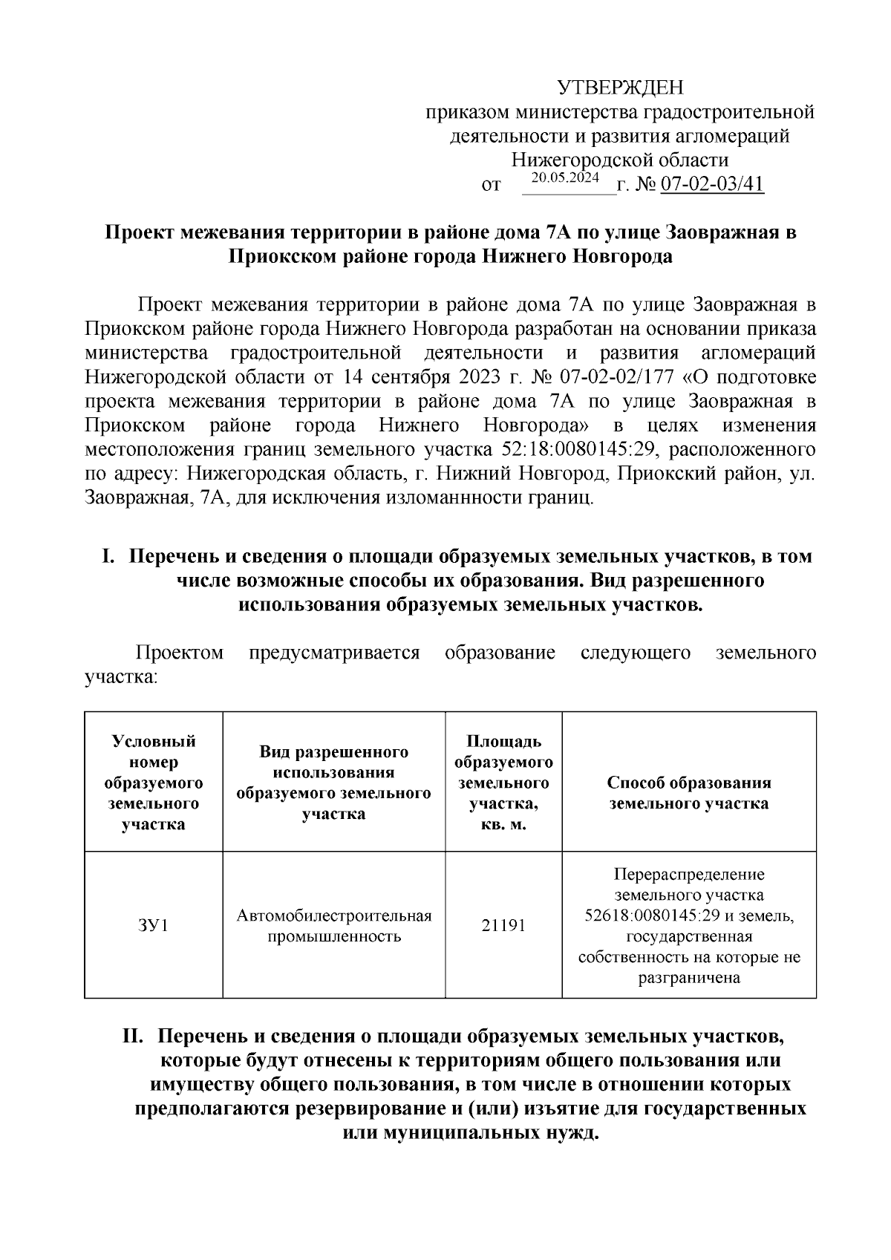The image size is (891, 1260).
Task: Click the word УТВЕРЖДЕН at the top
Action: click(x=620, y=88)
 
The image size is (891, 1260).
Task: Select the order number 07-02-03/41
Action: click(x=712, y=184)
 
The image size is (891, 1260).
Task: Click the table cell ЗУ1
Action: click(x=154, y=926)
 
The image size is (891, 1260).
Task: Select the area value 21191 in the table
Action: click(x=503, y=926)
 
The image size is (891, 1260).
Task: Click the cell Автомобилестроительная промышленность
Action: click(x=334, y=926)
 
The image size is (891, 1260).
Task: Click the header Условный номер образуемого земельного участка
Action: click(x=154, y=783)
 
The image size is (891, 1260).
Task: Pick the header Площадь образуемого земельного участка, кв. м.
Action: click(x=503, y=783)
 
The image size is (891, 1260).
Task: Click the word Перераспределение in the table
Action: click(x=689, y=874)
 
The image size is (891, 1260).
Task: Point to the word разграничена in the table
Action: click(x=689, y=978)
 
